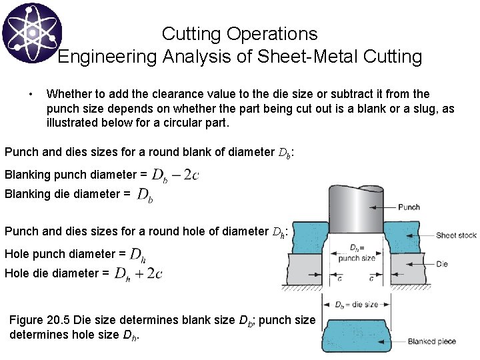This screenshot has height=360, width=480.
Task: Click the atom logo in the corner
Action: (x=31, y=32)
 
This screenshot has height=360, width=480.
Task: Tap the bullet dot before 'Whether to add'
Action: (x=31, y=94)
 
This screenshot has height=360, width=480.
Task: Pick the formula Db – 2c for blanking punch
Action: (x=175, y=175)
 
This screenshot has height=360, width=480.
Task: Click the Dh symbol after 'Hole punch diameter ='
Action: (x=137, y=254)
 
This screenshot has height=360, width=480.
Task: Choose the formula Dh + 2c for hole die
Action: (x=139, y=273)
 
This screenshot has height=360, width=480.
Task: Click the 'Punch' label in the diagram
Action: (x=408, y=207)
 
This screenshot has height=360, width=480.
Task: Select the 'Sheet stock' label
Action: (x=456, y=235)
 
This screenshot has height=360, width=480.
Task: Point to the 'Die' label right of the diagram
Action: (x=441, y=264)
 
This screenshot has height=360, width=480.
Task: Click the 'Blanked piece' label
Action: (x=431, y=342)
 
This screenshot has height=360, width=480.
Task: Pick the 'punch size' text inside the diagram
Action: (x=357, y=258)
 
